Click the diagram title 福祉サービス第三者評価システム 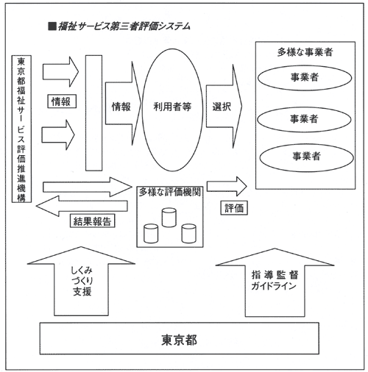(124, 26)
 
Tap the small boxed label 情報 (62, 101)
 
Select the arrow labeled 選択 (224, 107)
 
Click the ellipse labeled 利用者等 (172, 110)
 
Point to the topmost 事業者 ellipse (305, 78)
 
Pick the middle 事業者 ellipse (304, 119)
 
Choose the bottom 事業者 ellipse (306, 157)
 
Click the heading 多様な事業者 (305, 52)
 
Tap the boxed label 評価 (234, 208)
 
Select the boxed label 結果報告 (93, 221)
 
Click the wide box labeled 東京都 (180, 338)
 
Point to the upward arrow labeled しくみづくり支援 (81, 281)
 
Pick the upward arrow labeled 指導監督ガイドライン (275, 282)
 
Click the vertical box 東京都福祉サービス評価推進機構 (21, 129)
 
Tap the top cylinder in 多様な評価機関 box (169, 217)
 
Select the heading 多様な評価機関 (170, 192)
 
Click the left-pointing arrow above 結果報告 (82, 206)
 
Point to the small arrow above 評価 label (227, 186)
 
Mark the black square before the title (52, 26)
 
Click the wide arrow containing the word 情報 (124, 104)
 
